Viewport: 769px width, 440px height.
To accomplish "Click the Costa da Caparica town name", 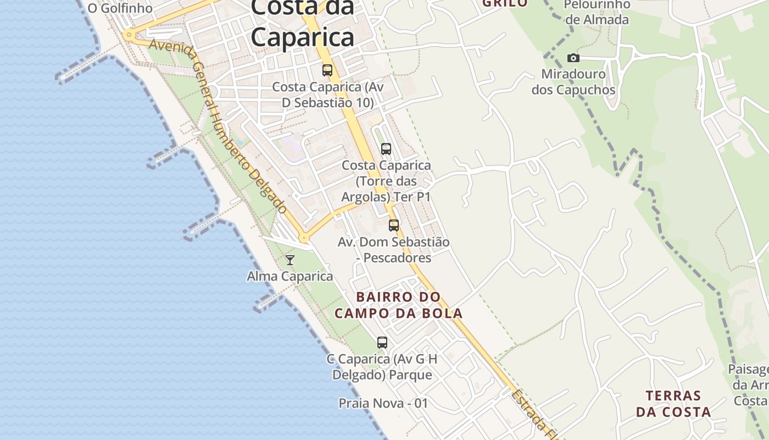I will coord(302,25).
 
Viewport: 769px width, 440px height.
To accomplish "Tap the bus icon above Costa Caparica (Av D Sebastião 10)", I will coord(327,70).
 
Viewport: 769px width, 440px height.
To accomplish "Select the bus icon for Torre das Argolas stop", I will coord(386,148).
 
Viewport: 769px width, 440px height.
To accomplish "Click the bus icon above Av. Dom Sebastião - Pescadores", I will coord(393,225).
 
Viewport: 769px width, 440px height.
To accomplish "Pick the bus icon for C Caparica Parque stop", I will coord(382,342).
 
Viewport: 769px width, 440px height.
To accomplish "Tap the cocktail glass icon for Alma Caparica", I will coord(290,260).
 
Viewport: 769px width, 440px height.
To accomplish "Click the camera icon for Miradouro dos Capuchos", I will coord(573,58).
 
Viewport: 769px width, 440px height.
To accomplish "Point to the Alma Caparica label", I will coord(290,276).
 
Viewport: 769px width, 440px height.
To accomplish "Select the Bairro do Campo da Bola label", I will coord(399,305).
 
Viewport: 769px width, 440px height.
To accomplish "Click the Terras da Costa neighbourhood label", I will coord(673,403).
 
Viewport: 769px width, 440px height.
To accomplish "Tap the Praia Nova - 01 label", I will coord(383,403).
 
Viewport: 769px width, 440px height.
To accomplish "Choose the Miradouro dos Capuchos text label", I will coord(573,82).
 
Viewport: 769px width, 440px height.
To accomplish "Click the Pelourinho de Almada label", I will coord(597,12).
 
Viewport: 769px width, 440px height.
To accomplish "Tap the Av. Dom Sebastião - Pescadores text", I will coord(393,250).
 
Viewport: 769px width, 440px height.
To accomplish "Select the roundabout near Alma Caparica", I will coord(303,239).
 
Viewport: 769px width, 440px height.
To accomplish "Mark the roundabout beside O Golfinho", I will coord(129,35).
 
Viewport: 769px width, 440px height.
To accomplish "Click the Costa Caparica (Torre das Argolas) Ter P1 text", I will coord(386,181).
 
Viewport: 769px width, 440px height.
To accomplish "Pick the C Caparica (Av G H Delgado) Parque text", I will coord(382,367).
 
